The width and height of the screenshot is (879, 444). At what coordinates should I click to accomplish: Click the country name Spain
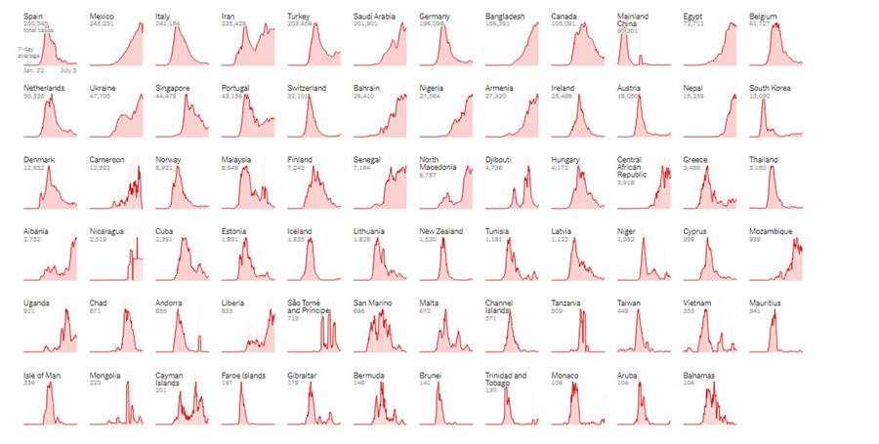[33, 17]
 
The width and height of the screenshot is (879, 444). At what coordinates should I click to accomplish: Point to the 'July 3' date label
[68, 71]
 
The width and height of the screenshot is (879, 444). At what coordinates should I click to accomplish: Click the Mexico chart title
[101, 17]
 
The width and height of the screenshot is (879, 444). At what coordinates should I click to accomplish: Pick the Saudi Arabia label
[375, 17]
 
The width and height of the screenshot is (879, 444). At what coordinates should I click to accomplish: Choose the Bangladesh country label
[505, 17]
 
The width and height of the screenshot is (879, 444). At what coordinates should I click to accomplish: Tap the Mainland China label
[633, 20]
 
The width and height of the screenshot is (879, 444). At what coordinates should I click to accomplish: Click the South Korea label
[771, 88]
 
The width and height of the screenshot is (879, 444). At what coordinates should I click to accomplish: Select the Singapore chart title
[173, 88]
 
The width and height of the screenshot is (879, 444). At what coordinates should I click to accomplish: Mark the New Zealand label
[440, 231]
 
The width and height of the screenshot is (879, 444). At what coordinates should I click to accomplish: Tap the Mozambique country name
[771, 231]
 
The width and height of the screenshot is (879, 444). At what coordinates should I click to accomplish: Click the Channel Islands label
[500, 306]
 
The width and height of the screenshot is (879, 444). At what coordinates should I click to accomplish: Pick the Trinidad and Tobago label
[505, 379]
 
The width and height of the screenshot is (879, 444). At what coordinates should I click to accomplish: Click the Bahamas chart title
[699, 375]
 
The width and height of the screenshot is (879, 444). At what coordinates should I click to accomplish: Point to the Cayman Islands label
[169, 379]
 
